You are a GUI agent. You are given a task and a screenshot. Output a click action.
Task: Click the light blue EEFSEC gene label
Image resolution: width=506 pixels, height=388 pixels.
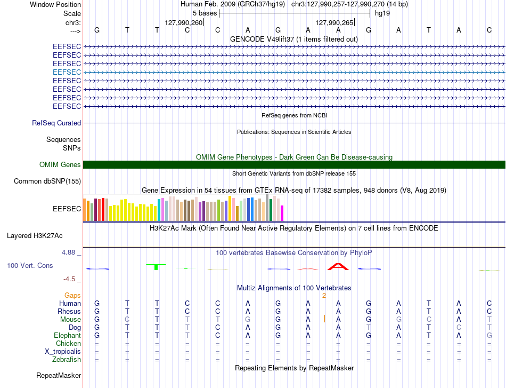click(x=67, y=72)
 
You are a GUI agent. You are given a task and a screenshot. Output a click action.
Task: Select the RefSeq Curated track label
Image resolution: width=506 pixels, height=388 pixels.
click(x=56, y=123)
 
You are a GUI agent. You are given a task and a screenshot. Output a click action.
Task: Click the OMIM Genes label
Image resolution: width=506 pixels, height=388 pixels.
click(x=60, y=164)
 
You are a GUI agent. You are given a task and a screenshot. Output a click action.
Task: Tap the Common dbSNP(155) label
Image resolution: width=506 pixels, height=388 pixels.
click(x=47, y=181)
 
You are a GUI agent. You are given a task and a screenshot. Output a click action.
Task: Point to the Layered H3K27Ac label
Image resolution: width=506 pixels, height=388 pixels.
click(x=35, y=236)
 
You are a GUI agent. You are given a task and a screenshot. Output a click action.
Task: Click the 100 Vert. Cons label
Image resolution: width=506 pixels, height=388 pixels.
click(x=30, y=265)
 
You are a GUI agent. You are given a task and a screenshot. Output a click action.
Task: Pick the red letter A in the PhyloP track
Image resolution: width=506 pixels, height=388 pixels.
click(x=338, y=267)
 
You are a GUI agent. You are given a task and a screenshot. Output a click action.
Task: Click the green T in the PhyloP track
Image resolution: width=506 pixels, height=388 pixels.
click(x=156, y=267)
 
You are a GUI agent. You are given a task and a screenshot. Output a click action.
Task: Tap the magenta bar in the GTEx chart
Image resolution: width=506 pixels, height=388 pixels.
click(x=282, y=213)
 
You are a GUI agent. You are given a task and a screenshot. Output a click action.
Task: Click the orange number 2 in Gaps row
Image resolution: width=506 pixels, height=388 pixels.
click(x=324, y=295)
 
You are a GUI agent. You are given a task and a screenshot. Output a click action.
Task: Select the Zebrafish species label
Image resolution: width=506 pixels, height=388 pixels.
click(x=67, y=360)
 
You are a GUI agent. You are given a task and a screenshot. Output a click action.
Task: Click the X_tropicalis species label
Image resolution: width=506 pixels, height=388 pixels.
click(x=63, y=352)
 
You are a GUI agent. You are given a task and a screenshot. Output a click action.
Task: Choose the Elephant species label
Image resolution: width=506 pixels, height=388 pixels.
click(x=68, y=335)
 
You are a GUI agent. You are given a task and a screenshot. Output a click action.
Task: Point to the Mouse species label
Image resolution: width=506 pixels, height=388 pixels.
click(x=70, y=320)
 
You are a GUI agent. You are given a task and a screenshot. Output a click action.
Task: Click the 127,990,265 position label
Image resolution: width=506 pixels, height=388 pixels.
click(x=334, y=22)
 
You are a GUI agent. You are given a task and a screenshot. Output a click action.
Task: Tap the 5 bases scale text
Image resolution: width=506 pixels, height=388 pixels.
click(x=205, y=13)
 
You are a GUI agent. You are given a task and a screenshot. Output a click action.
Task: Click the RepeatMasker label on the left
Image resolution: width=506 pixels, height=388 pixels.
click(x=59, y=375)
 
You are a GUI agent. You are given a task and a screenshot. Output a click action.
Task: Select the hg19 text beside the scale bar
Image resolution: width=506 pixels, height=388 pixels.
click(x=382, y=13)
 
